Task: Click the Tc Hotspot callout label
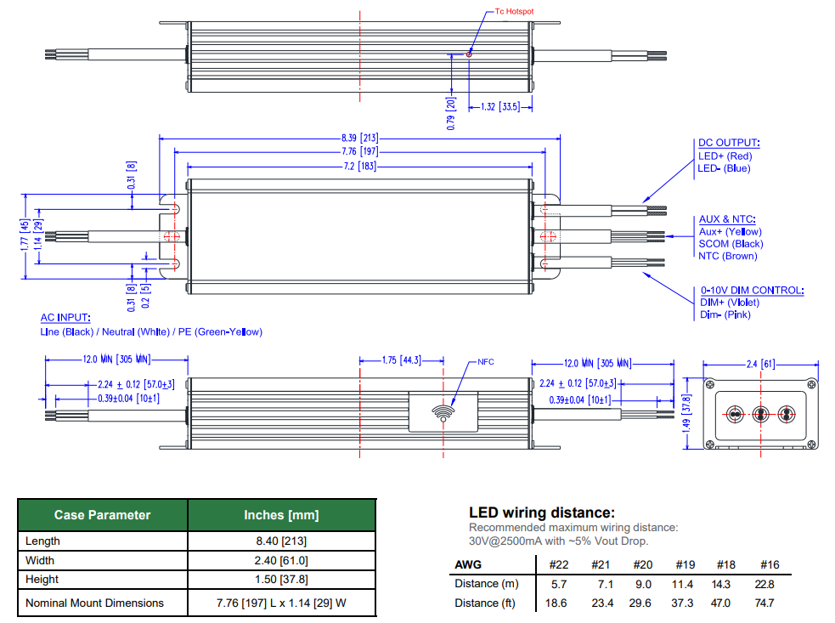click(514, 12)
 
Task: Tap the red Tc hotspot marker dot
click(469, 54)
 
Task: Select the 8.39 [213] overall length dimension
click(359, 138)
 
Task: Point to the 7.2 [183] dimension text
click(359, 166)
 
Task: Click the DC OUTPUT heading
click(729, 144)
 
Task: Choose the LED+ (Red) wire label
click(725, 156)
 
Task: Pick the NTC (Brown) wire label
click(727, 256)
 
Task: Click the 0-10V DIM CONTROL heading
click(752, 290)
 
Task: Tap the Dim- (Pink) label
click(725, 314)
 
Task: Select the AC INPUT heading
click(65, 318)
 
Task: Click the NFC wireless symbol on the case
click(443, 412)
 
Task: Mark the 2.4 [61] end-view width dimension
click(759, 364)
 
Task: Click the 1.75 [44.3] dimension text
click(401, 360)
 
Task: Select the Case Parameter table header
click(103, 515)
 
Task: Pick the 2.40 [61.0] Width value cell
click(280, 560)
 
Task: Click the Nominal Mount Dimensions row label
click(94, 603)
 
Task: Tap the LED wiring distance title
click(541, 513)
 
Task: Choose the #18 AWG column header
click(725, 564)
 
